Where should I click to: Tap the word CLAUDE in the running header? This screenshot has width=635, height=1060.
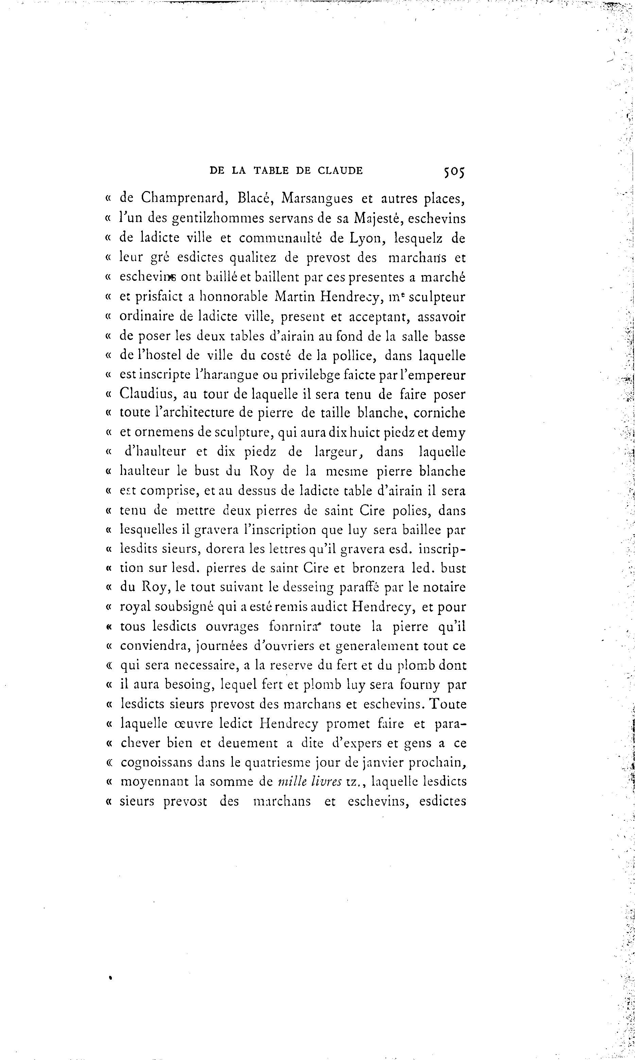click(340, 171)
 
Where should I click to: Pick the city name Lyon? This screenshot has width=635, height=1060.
click(363, 238)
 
